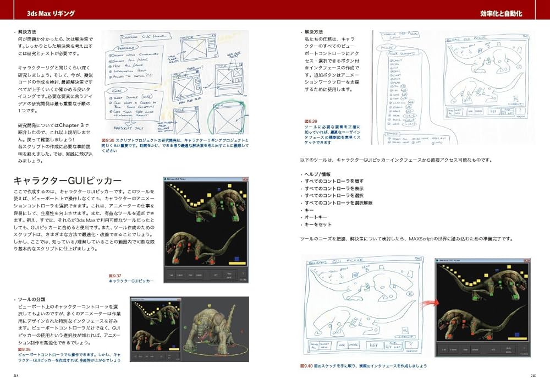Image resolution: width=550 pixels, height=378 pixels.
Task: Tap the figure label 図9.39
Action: (311, 120)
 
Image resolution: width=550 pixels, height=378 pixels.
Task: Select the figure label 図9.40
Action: (305, 365)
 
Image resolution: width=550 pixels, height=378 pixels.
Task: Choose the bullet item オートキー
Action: (315, 217)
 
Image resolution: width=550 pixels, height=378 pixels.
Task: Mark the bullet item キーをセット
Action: (318, 224)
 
